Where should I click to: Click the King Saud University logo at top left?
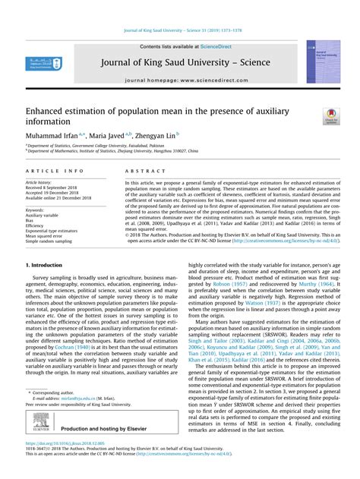tap(45, 65)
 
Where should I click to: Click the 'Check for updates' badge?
tap(331, 116)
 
